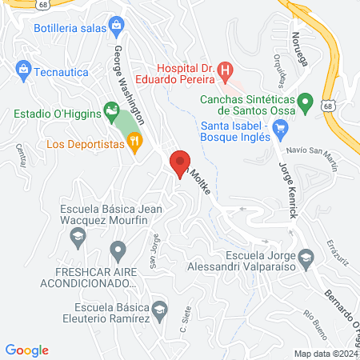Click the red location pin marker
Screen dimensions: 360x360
[180, 162]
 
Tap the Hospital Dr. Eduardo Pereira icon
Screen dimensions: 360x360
[226, 71]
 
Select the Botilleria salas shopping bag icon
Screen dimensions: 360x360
[117, 26]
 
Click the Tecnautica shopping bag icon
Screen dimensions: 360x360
[23, 72]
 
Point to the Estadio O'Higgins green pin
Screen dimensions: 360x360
[108, 113]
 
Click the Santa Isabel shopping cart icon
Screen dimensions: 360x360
[279, 127]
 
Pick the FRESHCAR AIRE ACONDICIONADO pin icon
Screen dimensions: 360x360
[118, 251]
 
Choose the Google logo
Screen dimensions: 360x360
[26, 350]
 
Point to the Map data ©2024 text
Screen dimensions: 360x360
[325, 354]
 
